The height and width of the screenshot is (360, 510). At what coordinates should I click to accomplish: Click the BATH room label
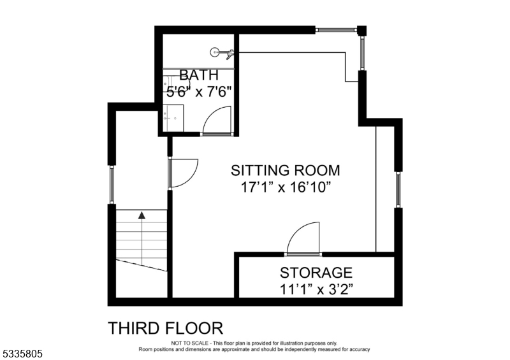click(x=199, y=75)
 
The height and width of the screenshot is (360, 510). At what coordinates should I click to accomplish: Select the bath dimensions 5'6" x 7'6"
click(x=199, y=92)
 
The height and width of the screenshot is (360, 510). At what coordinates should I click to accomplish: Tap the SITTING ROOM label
click(x=286, y=170)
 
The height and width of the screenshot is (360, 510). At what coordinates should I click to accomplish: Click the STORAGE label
click(x=316, y=273)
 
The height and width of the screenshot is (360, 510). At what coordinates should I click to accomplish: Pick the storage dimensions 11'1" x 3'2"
click(x=316, y=289)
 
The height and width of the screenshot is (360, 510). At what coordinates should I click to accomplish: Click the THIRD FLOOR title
click(x=166, y=328)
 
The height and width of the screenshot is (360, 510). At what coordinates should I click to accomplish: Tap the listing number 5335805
click(x=22, y=354)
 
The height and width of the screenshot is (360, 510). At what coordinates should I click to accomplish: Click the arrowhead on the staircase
click(x=142, y=215)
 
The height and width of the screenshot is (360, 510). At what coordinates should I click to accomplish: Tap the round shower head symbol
click(x=214, y=52)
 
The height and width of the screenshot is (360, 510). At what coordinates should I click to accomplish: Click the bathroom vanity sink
click(x=173, y=118)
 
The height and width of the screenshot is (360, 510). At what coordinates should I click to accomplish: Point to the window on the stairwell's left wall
click(x=112, y=184)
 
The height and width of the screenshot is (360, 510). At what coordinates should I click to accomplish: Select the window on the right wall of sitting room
click(x=398, y=190)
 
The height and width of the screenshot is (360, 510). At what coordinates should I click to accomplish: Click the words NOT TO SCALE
click(x=190, y=343)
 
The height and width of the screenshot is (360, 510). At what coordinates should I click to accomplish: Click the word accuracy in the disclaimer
click(x=360, y=350)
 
